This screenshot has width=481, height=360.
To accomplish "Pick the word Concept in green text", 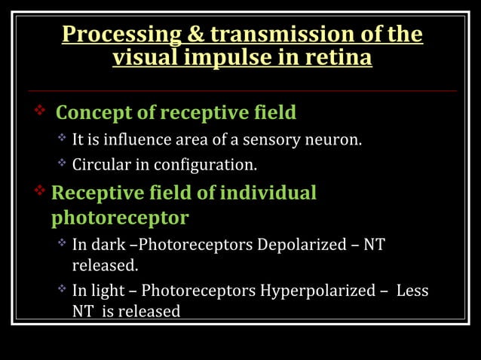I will (x=94, y=113).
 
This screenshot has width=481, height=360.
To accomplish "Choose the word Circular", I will (x=100, y=163).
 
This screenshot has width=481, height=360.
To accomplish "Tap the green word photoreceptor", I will (x=119, y=218).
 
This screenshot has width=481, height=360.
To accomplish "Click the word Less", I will (x=412, y=291).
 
